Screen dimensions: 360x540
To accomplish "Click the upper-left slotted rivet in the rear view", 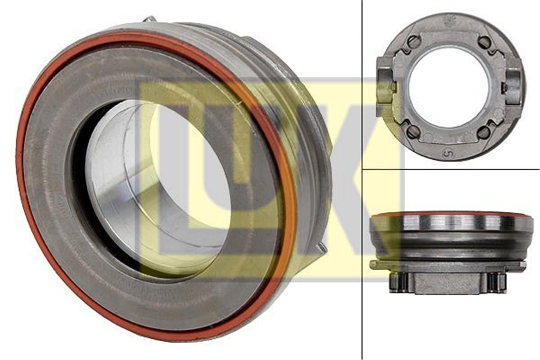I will click(414, 42).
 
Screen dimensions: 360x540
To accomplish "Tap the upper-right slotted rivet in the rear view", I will click(484, 42).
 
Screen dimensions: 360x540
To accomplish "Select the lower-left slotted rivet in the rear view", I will click(414, 131).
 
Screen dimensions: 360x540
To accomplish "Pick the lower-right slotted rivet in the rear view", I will click(484, 132).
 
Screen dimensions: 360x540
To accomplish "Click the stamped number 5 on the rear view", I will click(448, 153).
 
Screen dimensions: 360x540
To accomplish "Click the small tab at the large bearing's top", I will click(150, 19).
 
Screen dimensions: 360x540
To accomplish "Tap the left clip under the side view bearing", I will click(398, 282).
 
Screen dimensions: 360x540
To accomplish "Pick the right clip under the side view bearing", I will click(497, 282).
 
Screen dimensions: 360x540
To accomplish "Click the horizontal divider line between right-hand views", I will click(450, 169).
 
